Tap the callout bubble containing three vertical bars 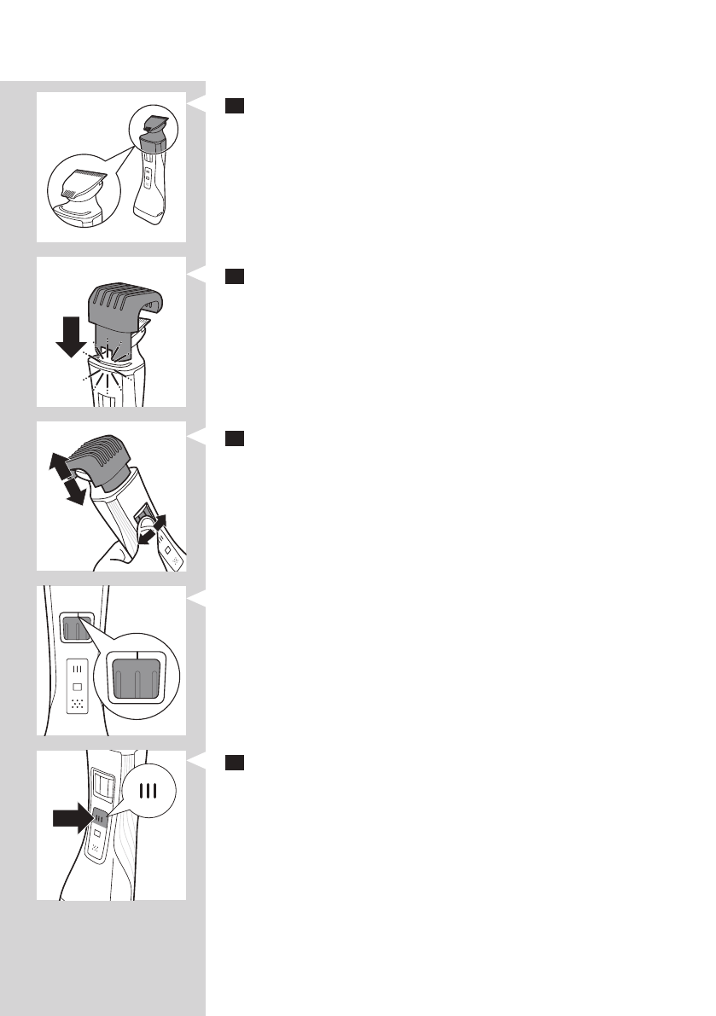(x=150, y=791)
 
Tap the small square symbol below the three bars (x=77, y=686)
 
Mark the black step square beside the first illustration (x=236, y=105)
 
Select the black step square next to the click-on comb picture (x=236, y=276)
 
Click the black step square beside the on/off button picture (x=236, y=763)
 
